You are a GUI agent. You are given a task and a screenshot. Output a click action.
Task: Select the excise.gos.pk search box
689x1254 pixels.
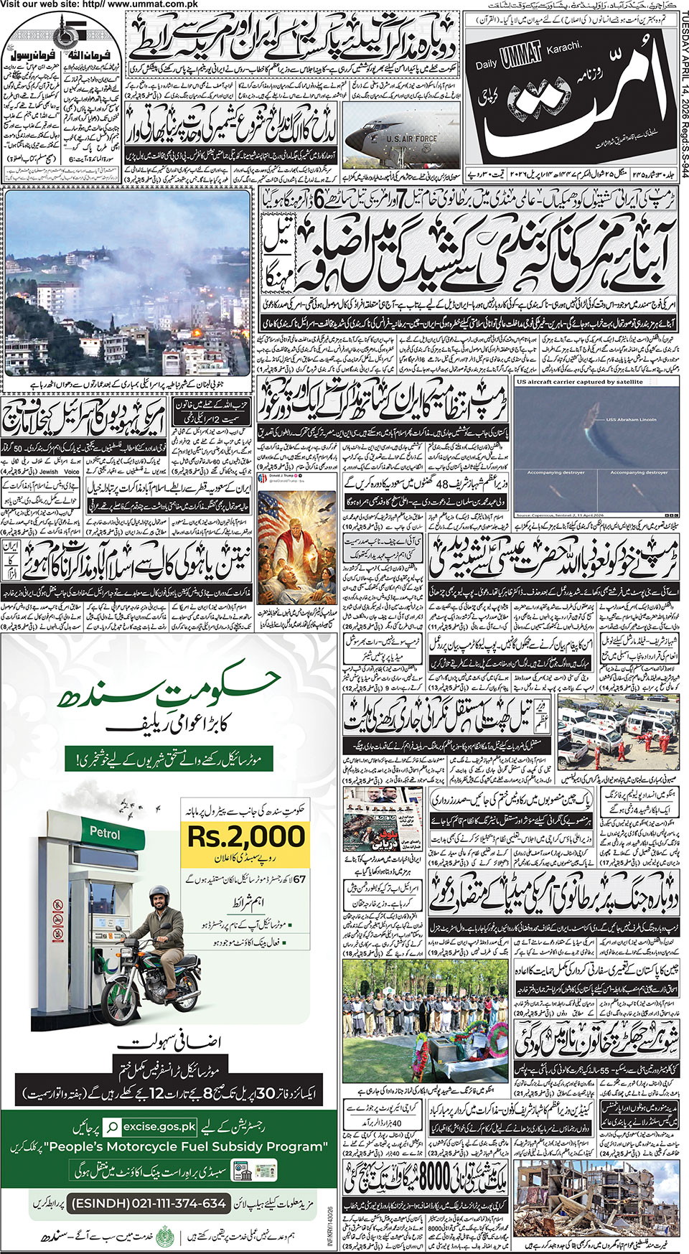150,1127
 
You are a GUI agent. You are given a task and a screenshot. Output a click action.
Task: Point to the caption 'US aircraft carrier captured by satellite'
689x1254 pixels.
579,382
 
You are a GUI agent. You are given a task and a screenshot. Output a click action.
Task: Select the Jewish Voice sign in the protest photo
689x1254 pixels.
60,472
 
